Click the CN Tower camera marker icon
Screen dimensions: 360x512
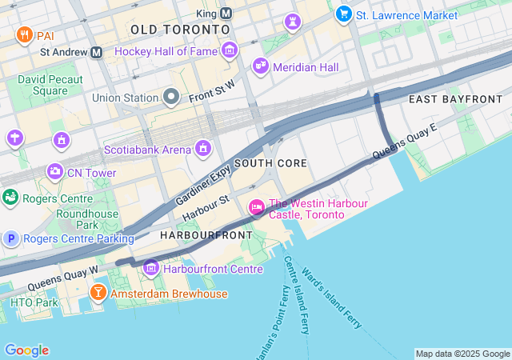[x=55, y=170]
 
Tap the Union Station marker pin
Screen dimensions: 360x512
[x=170, y=98]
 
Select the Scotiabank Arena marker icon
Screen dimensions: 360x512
[x=203, y=149]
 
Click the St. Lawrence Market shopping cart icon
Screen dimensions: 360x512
[x=344, y=14]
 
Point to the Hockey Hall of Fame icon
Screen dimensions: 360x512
[x=230, y=51]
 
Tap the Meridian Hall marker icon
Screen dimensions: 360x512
[x=260, y=66]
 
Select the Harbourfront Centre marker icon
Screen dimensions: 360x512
[x=150, y=268]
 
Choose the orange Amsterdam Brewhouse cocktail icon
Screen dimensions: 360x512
[x=98, y=293]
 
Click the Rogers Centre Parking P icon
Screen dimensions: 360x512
[x=11, y=238]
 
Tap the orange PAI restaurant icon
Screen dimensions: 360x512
[x=23, y=36]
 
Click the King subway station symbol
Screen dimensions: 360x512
[x=226, y=14]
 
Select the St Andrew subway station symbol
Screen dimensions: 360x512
[x=97, y=52]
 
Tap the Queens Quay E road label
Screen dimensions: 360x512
[x=405, y=140]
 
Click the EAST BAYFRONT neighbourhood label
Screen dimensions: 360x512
[x=454, y=98]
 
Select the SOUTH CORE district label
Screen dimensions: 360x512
[x=270, y=163]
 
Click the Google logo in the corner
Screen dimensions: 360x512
[x=26, y=350]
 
